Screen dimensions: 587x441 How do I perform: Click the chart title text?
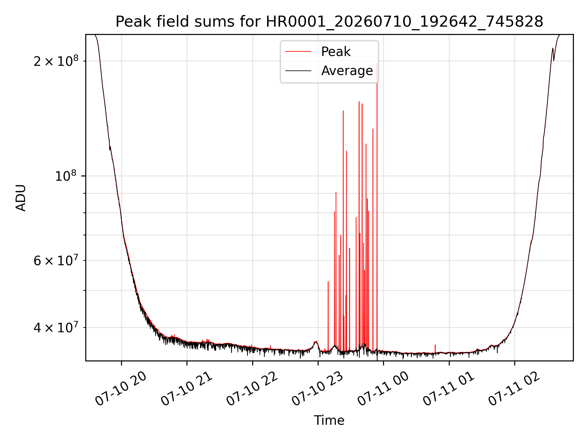click(329, 22)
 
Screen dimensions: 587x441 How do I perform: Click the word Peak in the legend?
click(336, 52)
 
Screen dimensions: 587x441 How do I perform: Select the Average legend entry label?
click(347, 71)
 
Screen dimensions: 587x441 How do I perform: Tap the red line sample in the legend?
click(298, 52)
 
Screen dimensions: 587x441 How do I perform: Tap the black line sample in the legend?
click(298, 71)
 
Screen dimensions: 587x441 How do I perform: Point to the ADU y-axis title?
click(21, 198)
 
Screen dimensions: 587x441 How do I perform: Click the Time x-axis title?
click(329, 420)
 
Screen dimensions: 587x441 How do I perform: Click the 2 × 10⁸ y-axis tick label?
click(56, 61)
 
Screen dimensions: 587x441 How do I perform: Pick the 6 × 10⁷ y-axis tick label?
click(56, 260)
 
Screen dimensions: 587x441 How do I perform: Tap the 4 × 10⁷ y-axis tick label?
click(56, 327)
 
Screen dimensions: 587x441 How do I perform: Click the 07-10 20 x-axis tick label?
click(121, 390)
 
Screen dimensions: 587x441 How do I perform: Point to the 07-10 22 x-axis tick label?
click(252, 390)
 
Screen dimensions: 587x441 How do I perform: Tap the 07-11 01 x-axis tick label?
click(449, 390)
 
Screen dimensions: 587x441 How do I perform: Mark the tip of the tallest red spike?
click(377, 63)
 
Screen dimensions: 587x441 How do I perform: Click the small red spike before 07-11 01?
click(435, 349)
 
